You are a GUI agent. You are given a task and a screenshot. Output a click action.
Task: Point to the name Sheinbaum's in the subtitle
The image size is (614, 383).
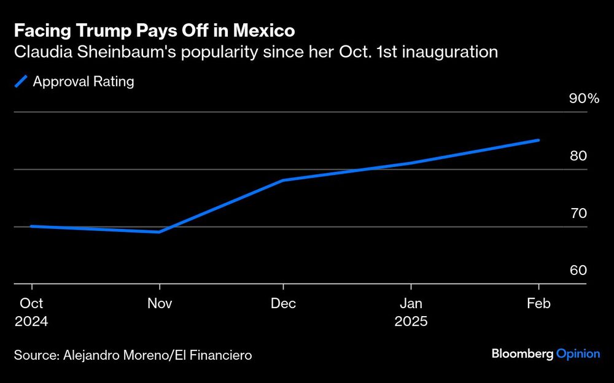pyautogui.click(x=118, y=52)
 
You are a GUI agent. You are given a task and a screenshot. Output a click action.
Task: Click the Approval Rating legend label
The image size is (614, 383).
pyautogui.click(x=84, y=81)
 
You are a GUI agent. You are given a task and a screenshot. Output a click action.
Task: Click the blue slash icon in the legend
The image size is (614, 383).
pyautogui.click(x=21, y=81)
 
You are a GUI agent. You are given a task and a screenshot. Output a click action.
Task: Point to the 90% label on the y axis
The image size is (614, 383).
pyautogui.click(x=584, y=99)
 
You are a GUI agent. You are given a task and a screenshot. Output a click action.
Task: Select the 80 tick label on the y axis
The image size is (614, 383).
pyautogui.click(x=578, y=156)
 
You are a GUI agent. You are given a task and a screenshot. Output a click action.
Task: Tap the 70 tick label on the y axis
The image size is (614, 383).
pyautogui.click(x=578, y=214)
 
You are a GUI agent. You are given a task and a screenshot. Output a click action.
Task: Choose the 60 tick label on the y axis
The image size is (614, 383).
pyautogui.click(x=578, y=271)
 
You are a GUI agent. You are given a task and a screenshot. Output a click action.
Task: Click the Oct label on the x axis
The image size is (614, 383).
pyautogui.click(x=31, y=304)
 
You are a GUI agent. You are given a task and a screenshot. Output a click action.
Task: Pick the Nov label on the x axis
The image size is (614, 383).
pyautogui.click(x=160, y=304)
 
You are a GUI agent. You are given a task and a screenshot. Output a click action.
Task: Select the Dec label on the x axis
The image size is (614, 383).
pyautogui.click(x=283, y=304)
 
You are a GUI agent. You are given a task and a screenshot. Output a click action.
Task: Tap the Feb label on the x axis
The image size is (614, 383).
pyautogui.click(x=538, y=304)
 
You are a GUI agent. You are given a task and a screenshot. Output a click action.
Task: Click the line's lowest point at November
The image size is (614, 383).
pyautogui.click(x=160, y=232)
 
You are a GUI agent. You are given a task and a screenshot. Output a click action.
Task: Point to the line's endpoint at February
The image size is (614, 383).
pyautogui.click(x=538, y=140)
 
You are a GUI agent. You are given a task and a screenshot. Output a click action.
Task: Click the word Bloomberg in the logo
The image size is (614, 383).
pyautogui.click(x=522, y=354)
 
